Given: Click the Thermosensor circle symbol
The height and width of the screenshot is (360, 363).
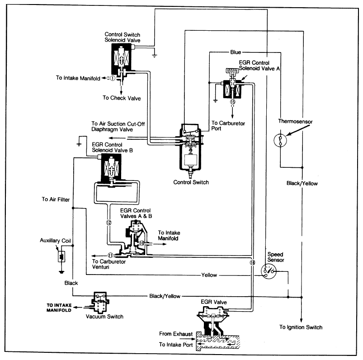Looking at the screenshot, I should click(280, 140).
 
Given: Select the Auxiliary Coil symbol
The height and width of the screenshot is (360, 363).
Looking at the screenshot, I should click(60, 257).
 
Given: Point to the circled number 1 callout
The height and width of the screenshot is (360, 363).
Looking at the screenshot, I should click(112, 77).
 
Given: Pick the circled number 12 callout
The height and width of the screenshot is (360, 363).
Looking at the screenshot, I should click(109, 222).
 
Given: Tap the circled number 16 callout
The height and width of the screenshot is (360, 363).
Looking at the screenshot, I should click(251, 262).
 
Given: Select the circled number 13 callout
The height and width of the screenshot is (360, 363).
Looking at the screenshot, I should click(233, 102).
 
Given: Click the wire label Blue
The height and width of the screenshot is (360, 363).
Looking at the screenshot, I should click(236, 52).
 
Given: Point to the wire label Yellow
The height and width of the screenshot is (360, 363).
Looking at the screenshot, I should click(209, 275).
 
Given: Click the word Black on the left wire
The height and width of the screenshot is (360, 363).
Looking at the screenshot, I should click(71, 283).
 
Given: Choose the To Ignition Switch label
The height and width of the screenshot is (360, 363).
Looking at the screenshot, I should click(301, 327).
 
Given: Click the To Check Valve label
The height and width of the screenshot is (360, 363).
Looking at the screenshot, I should click(122, 98).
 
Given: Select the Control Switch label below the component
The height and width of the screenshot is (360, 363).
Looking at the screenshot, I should click(191, 183).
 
